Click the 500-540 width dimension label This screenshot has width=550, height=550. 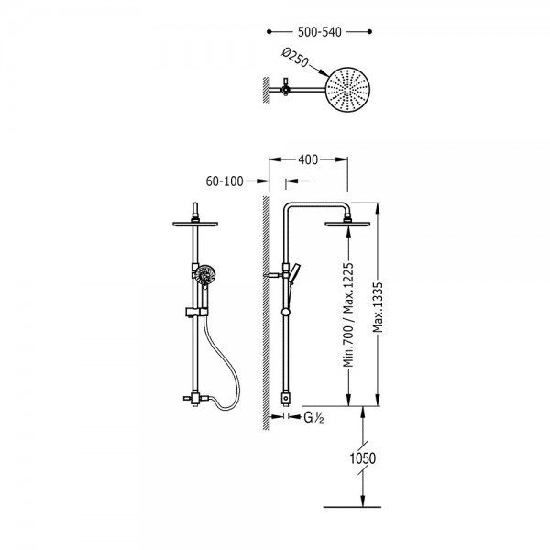(x=320, y=32)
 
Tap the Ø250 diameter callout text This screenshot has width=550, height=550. (x=295, y=59)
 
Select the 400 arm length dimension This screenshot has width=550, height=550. (x=308, y=159)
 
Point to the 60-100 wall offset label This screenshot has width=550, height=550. (x=225, y=181)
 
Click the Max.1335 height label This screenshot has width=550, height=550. (x=378, y=307)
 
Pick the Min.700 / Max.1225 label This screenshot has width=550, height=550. (x=348, y=314)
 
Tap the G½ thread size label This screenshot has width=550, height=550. (x=313, y=417)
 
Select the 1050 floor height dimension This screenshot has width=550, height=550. (x=363, y=458)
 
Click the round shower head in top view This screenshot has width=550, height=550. (x=347, y=90)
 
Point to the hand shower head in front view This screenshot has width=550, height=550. (x=205, y=275)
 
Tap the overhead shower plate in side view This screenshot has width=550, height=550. (x=347, y=224)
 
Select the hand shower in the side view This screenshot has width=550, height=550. (x=294, y=273)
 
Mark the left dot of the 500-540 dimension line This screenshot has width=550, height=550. (x=269, y=31)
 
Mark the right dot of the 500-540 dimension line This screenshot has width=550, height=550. (x=369, y=31)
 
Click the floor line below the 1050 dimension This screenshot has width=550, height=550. (x=352, y=507)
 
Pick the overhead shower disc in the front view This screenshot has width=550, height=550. (x=195, y=224)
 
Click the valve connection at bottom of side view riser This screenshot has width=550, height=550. (x=286, y=398)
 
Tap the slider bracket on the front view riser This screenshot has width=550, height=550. (x=196, y=312)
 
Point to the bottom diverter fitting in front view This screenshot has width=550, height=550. (x=196, y=399)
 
